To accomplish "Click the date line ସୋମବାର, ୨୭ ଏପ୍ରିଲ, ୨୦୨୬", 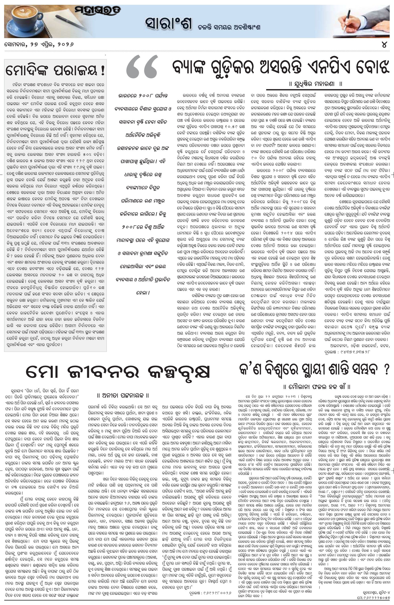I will pyautogui.click(x=39, y=44).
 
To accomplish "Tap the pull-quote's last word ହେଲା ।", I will pyautogui.click(x=143, y=293).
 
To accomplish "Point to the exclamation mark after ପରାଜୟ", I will pyautogui.click(x=102, y=71).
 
